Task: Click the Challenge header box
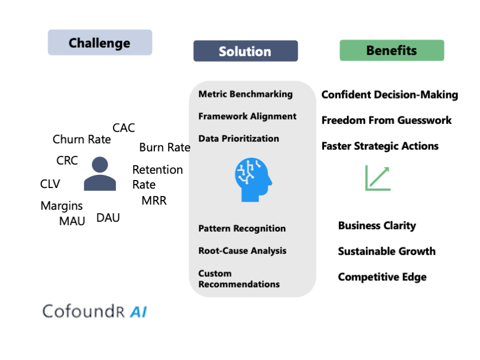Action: click(x=100, y=43)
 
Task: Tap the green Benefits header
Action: click(x=392, y=50)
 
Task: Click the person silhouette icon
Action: click(x=100, y=174)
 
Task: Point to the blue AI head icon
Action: click(x=252, y=180)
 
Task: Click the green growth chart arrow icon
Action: click(x=377, y=178)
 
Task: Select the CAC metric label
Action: click(x=123, y=128)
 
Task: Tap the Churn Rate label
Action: click(x=81, y=139)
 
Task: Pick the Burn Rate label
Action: click(x=165, y=147)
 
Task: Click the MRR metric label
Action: click(x=154, y=201)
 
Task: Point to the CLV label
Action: click(x=50, y=184)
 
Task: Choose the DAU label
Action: click(x=108, y=217)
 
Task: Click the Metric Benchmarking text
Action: click(x=245, y=94)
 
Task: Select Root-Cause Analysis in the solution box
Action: click(x=242, y=251)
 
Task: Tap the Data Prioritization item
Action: click(x=239, y=138)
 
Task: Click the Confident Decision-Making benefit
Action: click(x=389, y=95)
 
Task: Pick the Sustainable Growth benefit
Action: click(x=387, y=251)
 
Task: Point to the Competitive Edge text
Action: click(x=382, y=277)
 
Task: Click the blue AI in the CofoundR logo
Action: click(x=139, y=312)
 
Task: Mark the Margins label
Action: click(x=61, y=206)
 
